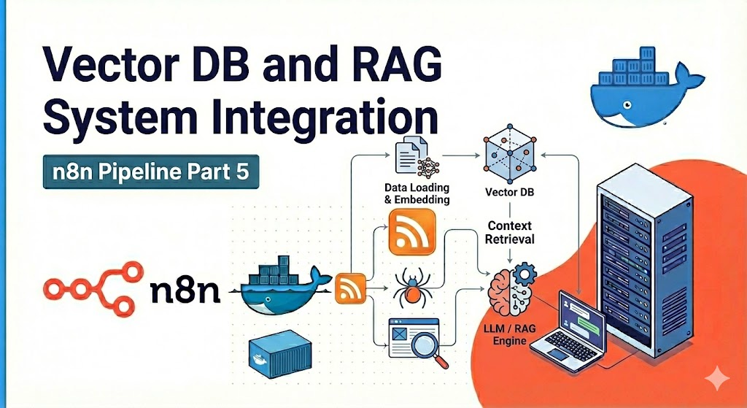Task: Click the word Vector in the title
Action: tap(102, 71)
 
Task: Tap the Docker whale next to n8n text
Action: tap(285, 288)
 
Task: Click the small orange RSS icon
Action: tap(349, 288)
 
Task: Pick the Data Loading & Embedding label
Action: tap(417, 193)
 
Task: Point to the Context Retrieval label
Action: tap(511, 233)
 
